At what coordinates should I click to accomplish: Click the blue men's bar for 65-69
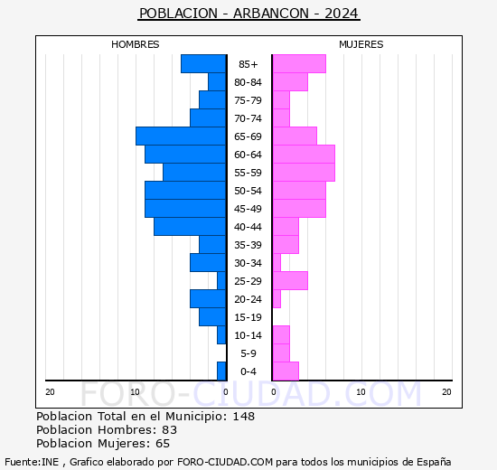click(181, 136)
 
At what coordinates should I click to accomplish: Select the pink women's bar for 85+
click(299, 64)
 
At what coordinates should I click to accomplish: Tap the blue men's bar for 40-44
click(190, 227)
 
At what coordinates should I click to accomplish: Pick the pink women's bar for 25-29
click(290, 281)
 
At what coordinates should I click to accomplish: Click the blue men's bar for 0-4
click(221, 371)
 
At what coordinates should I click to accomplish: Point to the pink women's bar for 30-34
click(277, 263)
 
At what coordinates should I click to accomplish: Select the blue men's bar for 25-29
click(221, 281)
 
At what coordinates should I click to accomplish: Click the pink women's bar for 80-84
click(290, 82)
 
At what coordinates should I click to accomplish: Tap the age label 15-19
click(248, 317)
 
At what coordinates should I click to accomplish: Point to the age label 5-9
click(248, 353)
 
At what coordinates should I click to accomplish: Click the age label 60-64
click(248, 155)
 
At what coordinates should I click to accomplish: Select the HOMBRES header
click(136, 44)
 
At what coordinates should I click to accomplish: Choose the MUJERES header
click(361, 44)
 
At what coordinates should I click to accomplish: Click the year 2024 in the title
click(342, 14)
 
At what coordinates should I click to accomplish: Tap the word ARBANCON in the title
click(271, 14)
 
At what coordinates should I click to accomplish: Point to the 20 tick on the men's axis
click(50, 392)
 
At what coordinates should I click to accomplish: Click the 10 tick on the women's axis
click(361, 392)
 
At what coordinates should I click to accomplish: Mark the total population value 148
click(244, 416)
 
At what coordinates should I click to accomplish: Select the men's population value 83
click(170, 429)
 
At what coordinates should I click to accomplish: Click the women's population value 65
click(163, 444)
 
